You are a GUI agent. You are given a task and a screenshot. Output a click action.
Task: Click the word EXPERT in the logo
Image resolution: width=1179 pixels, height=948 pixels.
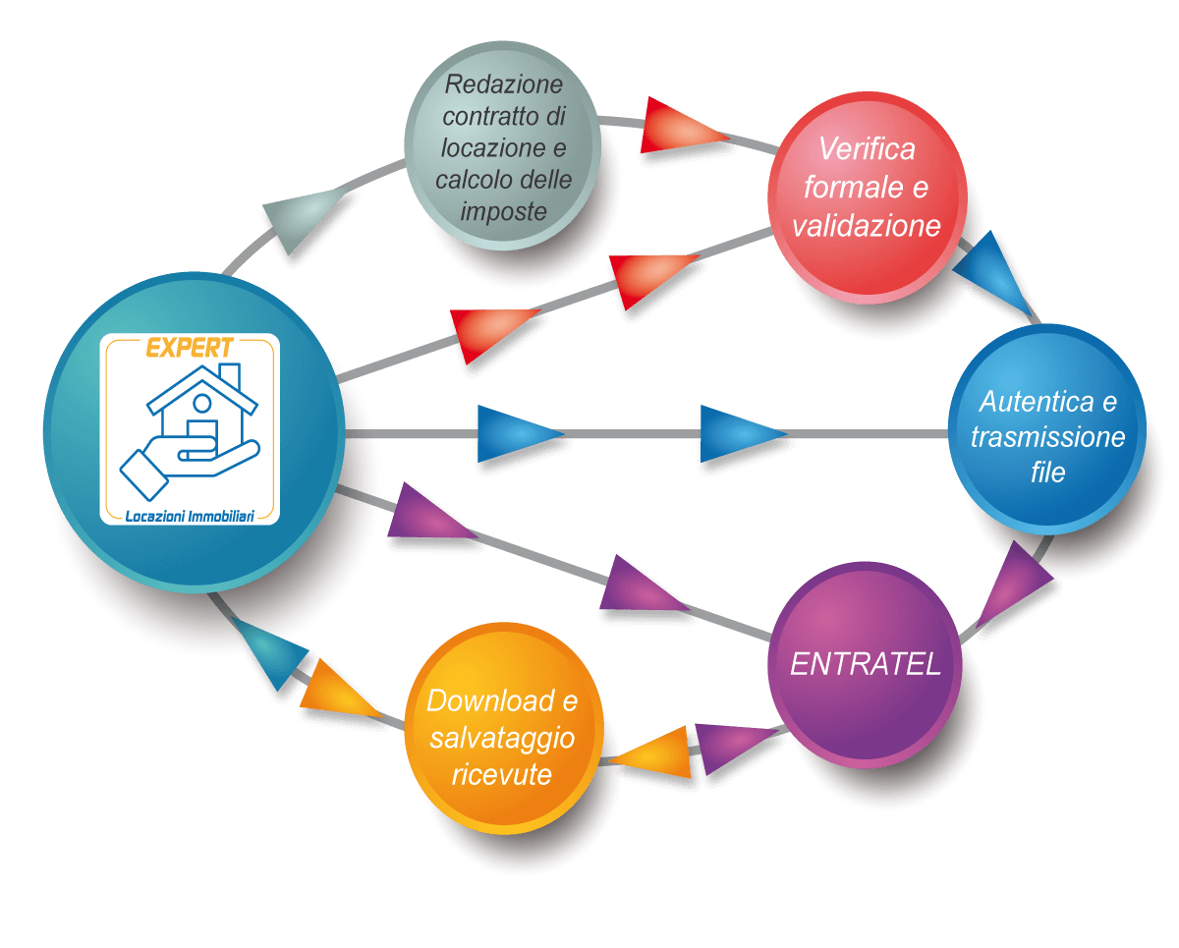(190, 348)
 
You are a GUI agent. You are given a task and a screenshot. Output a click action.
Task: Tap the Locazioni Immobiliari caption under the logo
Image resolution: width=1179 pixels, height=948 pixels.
(190, 515)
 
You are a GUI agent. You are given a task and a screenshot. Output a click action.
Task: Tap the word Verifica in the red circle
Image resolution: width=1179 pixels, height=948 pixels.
(867, 150)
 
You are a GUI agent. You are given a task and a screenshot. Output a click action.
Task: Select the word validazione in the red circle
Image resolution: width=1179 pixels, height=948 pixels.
(867, 226)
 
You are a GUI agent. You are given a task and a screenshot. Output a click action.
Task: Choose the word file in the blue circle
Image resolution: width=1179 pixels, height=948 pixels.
(1048, 473)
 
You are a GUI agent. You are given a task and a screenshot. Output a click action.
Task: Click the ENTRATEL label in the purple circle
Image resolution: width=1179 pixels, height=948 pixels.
(866, 664)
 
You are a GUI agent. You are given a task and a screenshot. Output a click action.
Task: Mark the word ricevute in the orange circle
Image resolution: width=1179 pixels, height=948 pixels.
(502, 774)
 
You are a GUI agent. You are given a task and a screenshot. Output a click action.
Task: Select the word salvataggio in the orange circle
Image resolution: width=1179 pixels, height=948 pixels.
(502, 738)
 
